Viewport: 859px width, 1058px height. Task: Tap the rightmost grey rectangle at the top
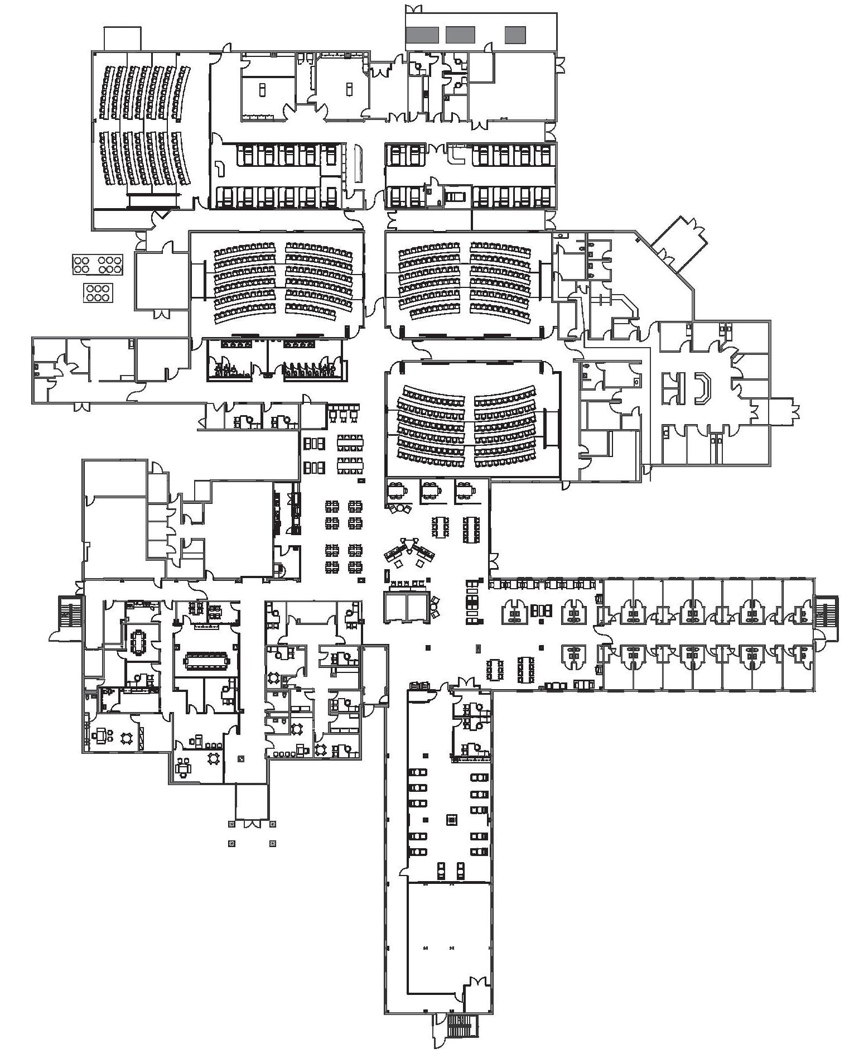pos(516,35)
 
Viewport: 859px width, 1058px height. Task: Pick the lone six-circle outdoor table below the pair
pos(98,292)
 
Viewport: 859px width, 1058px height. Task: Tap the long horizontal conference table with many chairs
pos(206,661)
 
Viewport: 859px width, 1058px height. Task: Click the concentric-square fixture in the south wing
pos(452,819)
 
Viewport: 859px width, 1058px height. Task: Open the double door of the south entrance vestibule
pos(252,823)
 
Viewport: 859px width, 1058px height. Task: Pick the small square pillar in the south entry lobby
pos(241,758)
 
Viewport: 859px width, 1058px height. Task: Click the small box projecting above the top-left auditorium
pos(122,39)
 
